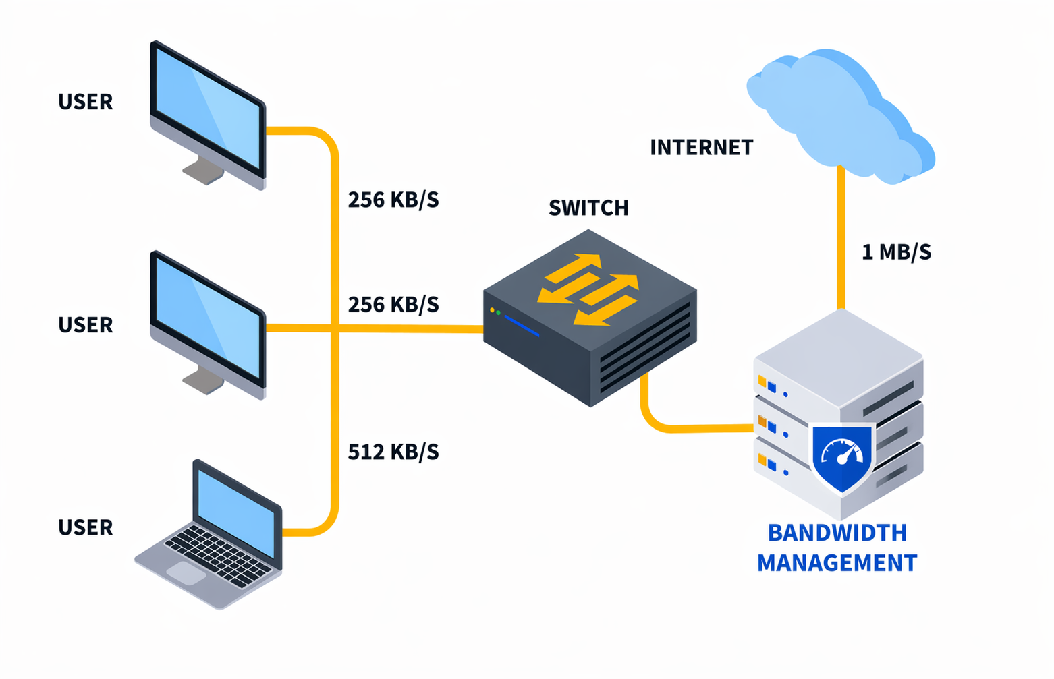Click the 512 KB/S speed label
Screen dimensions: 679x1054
pos(393,452)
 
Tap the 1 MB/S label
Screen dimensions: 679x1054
pos(896,252)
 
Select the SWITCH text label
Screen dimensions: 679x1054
pos(588,208)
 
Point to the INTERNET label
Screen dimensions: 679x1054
pos(701,148)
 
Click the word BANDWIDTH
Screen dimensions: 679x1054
pos(837,533)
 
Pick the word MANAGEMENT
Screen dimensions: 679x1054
pos(837,563)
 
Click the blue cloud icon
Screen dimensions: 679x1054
pos(840,115)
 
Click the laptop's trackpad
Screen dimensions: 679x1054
pos(186,573)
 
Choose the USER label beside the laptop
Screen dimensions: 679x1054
pos(85,527)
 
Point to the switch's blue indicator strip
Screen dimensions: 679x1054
pos(522,326)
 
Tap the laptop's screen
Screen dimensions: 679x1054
pos(236,510)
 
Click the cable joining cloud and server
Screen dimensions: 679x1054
pos(841,236)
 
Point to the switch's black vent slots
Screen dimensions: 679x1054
pos(644,347)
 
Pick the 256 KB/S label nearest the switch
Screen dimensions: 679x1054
pos(393,305)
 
